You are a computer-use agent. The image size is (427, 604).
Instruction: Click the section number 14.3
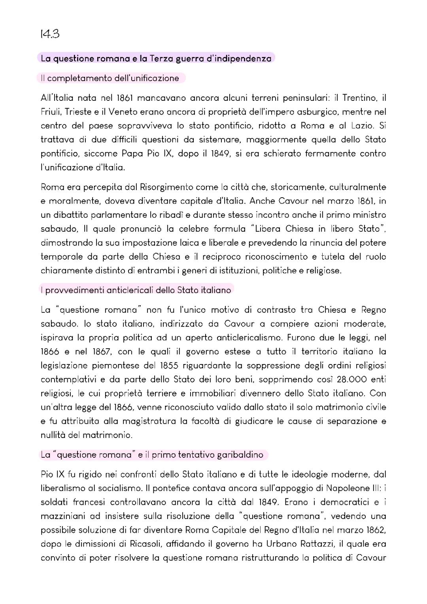coord(50,34)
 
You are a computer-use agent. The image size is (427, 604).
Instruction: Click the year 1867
coord(102,352)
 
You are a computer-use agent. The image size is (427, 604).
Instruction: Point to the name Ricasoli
coord(145,544)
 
